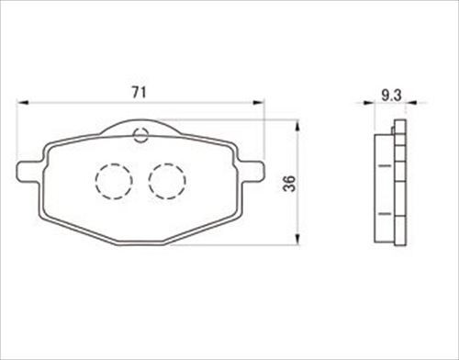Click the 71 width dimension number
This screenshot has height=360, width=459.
pyautogui.click(x=140, y=92)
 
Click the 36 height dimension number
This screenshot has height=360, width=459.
pyautogui.click(x=289, y=183)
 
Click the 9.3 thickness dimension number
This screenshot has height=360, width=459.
pyautogui.click(x=391, y=96)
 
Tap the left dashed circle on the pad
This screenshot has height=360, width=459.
pyautogui.click(x=114, y=181)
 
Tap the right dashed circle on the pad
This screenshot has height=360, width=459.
pyautogui.click(x=167, y=181)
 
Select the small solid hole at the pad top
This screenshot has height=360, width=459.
pyautogui.click(x=140, y=135)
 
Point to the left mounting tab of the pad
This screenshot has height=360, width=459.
pyautogui.click(x=28, y=172)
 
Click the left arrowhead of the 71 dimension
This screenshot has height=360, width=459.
pyautogui.click(x=22, y=103)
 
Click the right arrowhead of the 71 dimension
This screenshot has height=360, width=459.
pyautogui.click(x=258, y=103)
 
